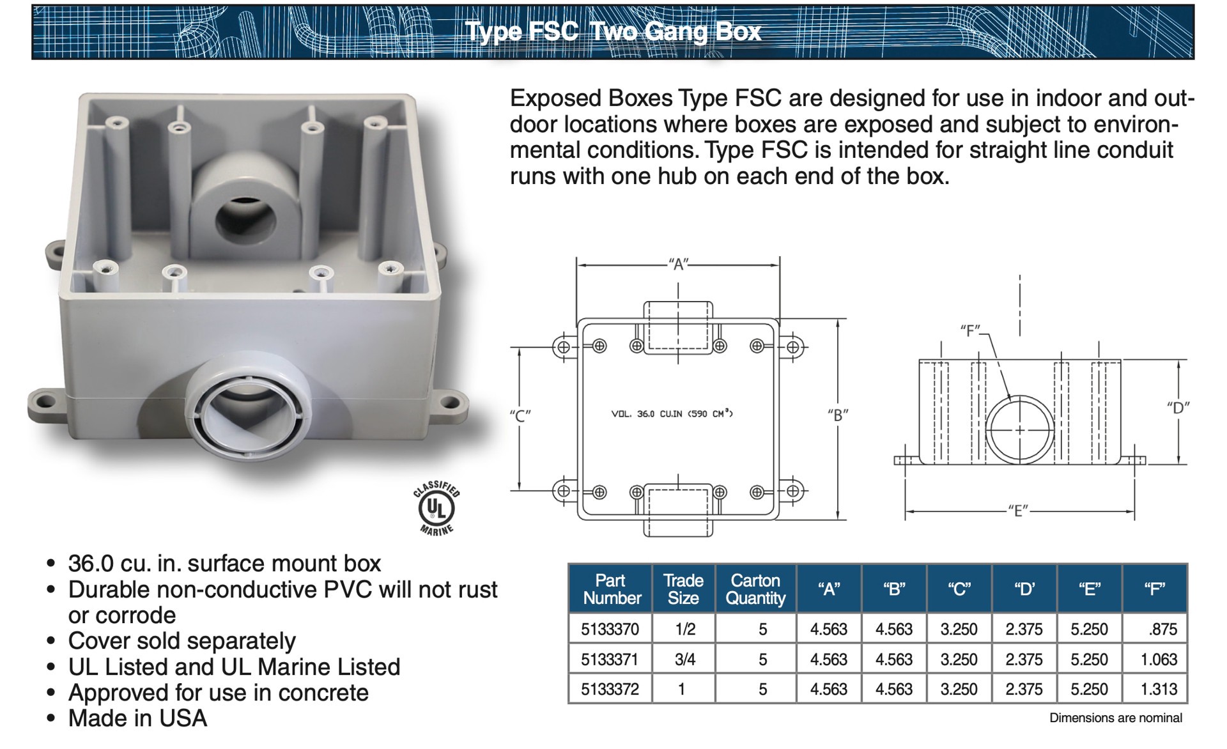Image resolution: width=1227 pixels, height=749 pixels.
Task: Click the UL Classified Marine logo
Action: coord(436,508)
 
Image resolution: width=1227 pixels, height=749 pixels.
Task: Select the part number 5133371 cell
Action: coord(610,659)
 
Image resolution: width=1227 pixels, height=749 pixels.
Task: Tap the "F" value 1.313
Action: coord(1159,689)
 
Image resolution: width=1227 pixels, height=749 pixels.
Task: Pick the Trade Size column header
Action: coord(683,589)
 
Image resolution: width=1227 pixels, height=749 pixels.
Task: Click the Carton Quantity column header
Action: coord(755,589)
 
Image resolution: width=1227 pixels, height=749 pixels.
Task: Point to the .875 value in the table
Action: coord(1162,629)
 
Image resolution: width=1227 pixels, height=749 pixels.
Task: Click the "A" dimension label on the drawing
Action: coord(678,264)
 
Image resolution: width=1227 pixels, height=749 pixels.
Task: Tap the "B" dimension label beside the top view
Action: coord(837,415)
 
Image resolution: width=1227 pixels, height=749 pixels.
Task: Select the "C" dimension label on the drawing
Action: coord(520,416)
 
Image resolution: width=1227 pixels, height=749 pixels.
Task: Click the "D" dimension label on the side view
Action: coord(1178,408)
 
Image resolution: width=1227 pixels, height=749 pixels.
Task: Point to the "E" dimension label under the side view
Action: coord(1018,511)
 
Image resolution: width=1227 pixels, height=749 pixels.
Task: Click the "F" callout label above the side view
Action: coord(970,330)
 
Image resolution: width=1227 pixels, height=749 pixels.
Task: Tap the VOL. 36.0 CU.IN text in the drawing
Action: coord(672,414)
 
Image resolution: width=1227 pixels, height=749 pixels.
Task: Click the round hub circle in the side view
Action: coord(1019,429)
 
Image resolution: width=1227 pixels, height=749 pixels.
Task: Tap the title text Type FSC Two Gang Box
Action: coord(613,31)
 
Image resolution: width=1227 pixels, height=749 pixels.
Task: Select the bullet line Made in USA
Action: coord(137,718)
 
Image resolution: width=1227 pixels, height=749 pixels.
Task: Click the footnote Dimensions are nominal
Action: coord(1115,718)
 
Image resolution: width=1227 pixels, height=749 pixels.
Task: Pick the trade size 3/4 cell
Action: coord(684,659)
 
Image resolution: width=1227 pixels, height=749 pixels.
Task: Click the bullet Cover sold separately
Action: coord(181,640)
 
